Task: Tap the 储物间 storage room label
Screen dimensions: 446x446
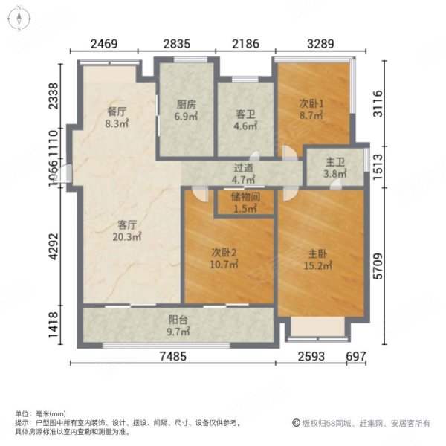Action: click(x=245, y=196)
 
